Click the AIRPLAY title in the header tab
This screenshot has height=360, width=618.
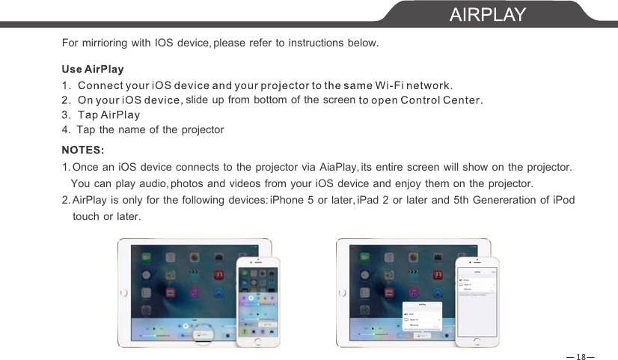pyautogui.click(x=488, y=14)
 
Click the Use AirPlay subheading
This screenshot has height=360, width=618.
pyautogui.click(x=93, y=69)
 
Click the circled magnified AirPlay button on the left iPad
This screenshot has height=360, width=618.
pyautogui.click(x=199, y=335)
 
